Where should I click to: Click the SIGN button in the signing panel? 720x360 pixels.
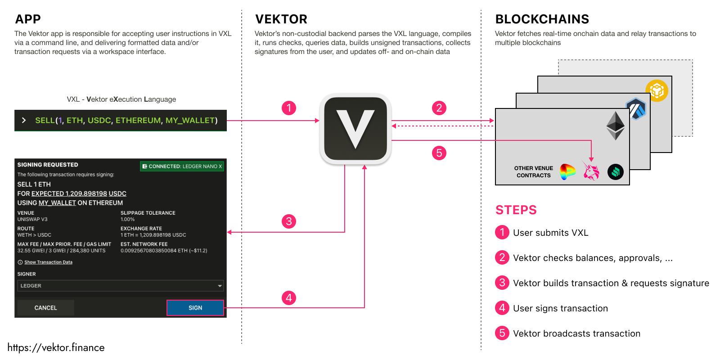tap(195, 308)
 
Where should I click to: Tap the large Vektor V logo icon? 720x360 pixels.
tap(355, 129)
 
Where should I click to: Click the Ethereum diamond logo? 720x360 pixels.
tap(615, 126)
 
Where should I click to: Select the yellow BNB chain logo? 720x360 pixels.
tap(657, 91)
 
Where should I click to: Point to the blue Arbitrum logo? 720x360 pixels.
tap(636, 109)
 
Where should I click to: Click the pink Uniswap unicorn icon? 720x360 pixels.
tap(591, 171)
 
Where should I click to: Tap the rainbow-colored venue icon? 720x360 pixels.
tap(567, 171)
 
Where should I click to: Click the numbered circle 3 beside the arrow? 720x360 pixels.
tap(289, 221)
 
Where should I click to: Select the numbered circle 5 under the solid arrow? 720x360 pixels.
tap(439, 153)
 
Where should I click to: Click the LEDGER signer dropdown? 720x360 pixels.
tap(120, 286)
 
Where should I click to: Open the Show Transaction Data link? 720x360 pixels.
tap(48, 262)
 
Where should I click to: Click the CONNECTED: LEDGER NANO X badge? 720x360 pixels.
tap(182, 166)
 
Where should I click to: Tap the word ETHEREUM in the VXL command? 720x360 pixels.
tap(138, 121)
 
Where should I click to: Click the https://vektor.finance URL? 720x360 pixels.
tap(56, 348)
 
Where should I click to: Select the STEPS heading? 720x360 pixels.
tap(516, 210)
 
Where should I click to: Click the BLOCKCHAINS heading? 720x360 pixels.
tap(542, 19)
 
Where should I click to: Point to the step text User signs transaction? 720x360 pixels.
tap(560, 308)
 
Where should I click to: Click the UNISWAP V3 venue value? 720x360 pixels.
tap(32, 220)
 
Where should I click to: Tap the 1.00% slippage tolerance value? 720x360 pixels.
tap(127, 220)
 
